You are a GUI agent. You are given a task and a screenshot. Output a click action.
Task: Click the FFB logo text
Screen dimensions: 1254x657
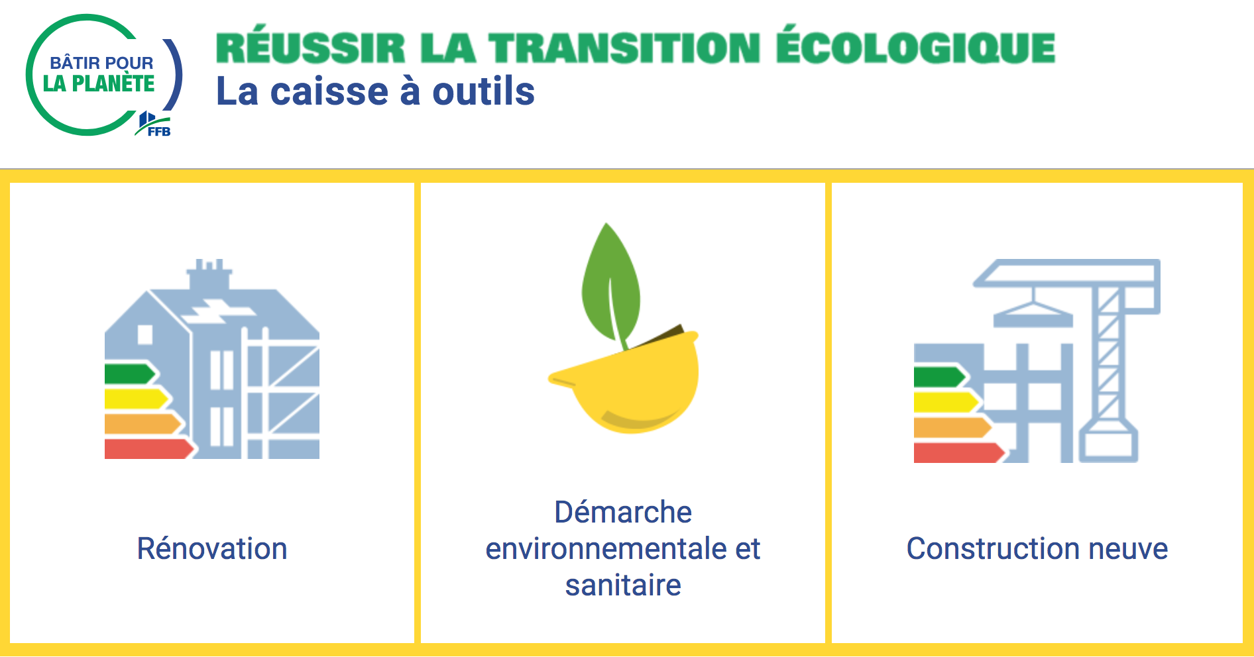[x=159, y=132]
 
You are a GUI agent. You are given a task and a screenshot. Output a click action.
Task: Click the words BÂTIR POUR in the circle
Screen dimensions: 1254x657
[x=101, y=63]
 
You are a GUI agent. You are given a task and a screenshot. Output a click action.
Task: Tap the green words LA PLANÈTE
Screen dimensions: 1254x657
[x=99, y=84]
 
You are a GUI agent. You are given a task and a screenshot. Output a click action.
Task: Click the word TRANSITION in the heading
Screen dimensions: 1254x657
[x=624, y=48]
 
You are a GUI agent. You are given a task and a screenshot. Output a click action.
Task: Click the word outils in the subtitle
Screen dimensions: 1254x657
[x=483, y=91]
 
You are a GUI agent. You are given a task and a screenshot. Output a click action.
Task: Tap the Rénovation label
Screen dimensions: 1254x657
[x=212, y=548]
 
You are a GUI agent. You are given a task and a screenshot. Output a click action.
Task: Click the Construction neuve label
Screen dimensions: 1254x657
[x=1037, y=548]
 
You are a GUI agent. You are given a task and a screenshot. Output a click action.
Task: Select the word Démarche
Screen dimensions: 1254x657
[x=623, y=512]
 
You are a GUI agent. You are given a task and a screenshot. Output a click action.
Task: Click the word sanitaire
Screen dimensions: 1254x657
[x=623, y=585]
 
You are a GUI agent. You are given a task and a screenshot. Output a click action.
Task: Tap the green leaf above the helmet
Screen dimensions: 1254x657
[x=610, y=285]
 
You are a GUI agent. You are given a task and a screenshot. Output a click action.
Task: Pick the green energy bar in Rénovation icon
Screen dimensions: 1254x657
[x=130, y=374]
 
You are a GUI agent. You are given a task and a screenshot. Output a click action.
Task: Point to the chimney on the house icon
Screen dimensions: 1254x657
[x=210, y=274]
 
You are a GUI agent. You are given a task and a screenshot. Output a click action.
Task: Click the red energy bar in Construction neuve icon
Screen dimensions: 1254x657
[x=959, y=452]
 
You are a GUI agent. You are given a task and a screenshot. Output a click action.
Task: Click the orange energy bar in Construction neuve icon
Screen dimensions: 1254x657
[x=952, y=427]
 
